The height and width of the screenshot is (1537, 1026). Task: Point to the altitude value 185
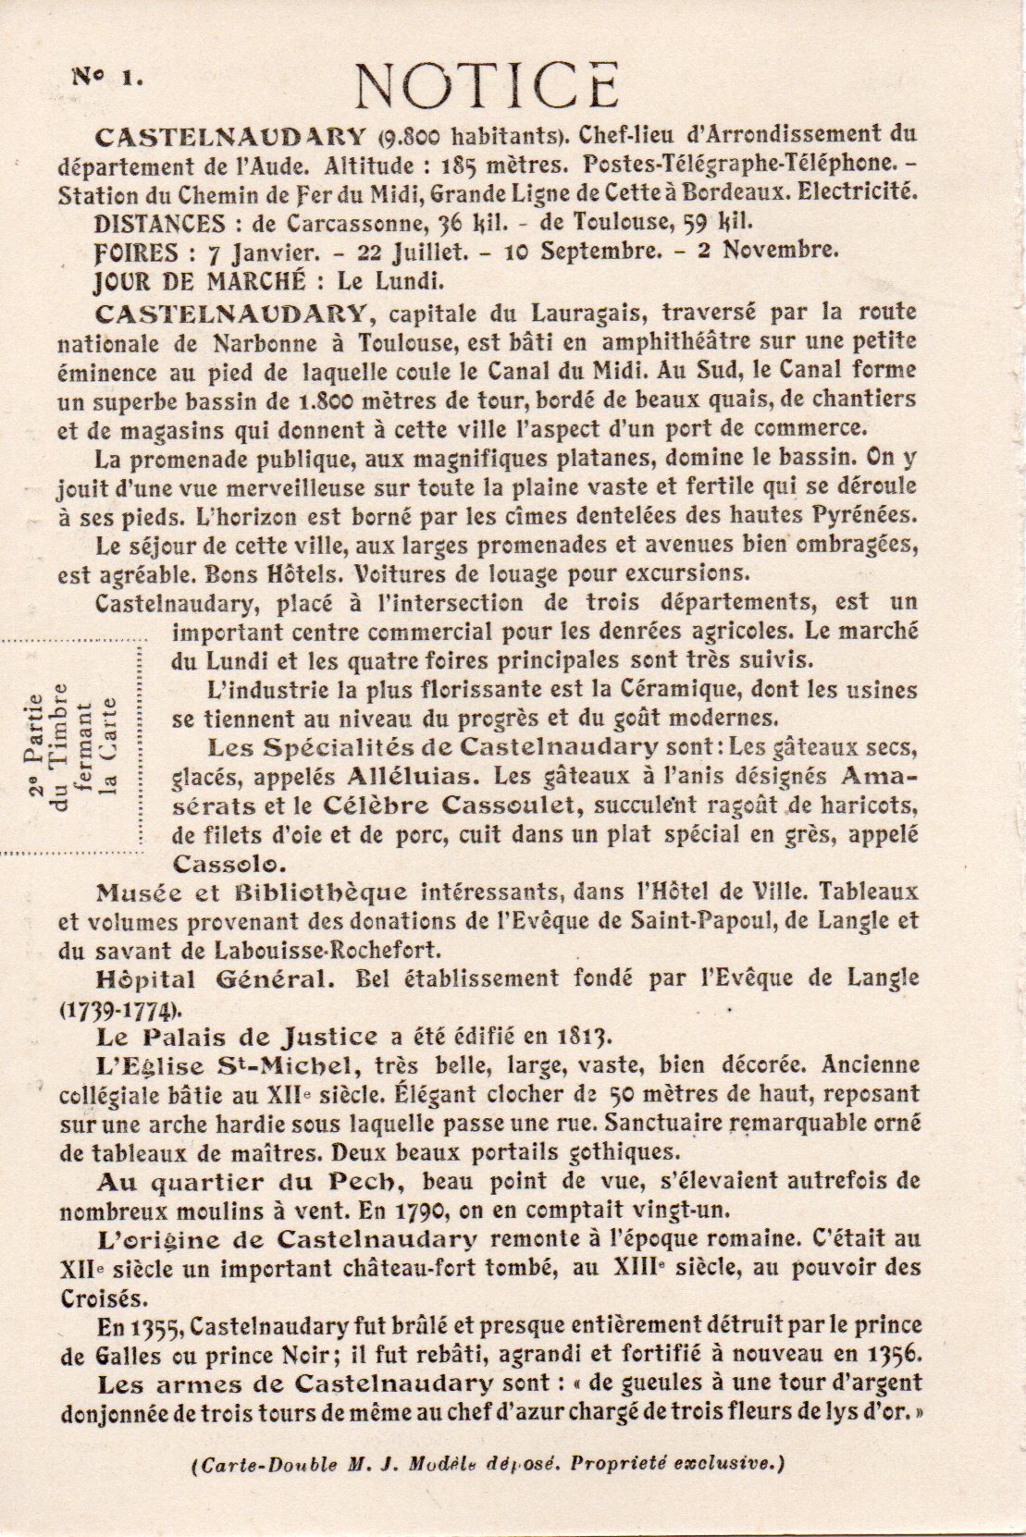[x=465, y=166]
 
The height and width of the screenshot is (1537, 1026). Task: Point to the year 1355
[x=156, y=1326]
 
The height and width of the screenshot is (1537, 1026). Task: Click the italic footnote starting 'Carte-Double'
[x=488, y=1463]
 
